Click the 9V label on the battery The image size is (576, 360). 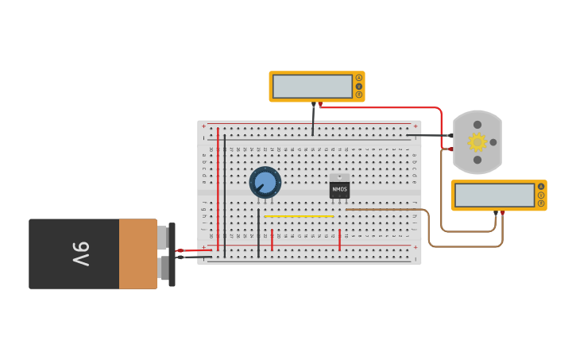pyautogui.click(x=81, y=254)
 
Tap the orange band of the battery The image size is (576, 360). pyautogui.click(x=137, y=254)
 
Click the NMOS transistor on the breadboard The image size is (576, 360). pyautogui.click(x=339, y=188)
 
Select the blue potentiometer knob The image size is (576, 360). pyautogui.click(x=265, y=183)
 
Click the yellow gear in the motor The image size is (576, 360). pyautogui.click(x=477, y=142)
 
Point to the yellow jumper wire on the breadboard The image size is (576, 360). pyautogui.click(x=299, y=216)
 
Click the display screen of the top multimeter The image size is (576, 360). pyautogui.click(x=312, y=86)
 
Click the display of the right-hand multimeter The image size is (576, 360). pyautogui.click(x=494, y=195)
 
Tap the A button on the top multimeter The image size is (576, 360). pyautogui.click(x=359, y=78)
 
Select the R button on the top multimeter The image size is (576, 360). pyautogui.click(x=359, y=95)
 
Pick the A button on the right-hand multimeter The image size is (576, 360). pyautogui.click(x=541, y=187)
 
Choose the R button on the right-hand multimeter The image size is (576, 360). pyautogui.click(x=541, y=203)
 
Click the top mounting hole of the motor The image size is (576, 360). pyautogui.click(x=477, y=125)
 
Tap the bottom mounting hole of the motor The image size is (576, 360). pyautogui.click(x=477, y=160)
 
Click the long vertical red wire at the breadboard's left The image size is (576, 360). pyautogui.click(x=218, y=191)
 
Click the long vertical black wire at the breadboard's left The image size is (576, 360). pyautogui.click(x=225, y=195)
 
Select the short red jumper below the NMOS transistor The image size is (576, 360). pyautogui.click(x=339, y=240)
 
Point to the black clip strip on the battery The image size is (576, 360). pyautogui.click(x=172, y=254)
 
